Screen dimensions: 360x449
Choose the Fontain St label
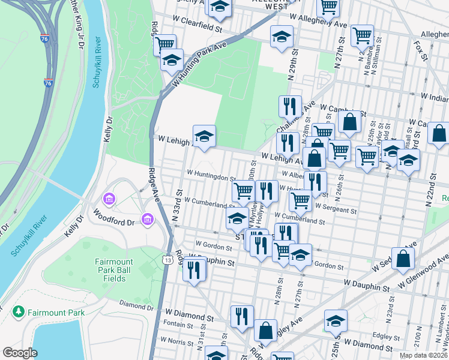[x=178, y=325]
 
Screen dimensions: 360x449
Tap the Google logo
[x=20, y=352]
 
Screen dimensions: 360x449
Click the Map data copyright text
[x=423, y=355]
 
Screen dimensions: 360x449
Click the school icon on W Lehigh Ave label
[x=203, y=135]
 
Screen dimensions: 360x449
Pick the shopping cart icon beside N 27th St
[x=363, y=35]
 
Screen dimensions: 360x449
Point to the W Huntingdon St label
[x=211, y=178]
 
